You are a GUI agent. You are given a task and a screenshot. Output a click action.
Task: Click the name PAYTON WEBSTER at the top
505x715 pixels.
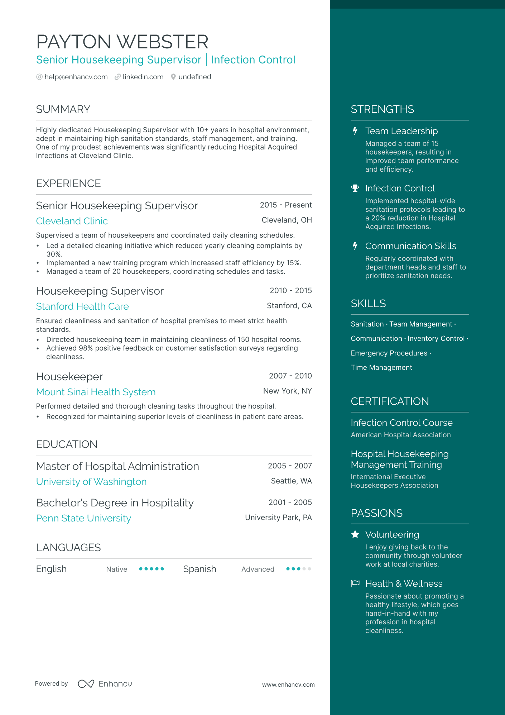coord(122,42)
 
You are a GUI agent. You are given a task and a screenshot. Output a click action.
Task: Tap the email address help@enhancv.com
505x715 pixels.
coord(76,77)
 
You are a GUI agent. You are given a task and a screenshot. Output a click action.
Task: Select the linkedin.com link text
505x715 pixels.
coord(143,77)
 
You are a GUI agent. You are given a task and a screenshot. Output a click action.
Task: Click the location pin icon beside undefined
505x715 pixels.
coord(173,77)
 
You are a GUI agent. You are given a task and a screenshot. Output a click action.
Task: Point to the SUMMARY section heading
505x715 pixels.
coord(63,109)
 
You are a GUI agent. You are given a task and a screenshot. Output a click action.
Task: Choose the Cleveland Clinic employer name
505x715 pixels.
coord(72,221)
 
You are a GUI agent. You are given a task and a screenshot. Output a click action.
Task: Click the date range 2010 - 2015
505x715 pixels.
coord(290,291)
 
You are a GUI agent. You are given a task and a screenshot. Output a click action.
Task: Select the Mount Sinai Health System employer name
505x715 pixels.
coord(96,392)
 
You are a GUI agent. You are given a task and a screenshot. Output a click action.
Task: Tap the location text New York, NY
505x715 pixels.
coord(287,391)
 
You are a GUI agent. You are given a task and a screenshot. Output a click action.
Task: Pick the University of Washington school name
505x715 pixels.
coord(91,482)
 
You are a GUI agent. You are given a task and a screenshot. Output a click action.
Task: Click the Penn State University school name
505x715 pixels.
coord(83,518)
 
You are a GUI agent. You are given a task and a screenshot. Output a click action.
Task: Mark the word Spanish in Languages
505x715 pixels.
coord(199,569)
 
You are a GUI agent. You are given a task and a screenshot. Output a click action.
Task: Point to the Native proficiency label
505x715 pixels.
coord(116,569)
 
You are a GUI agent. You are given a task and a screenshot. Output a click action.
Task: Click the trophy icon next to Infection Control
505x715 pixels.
coord(355,189)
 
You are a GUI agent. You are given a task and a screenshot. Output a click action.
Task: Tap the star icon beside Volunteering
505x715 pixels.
coord(355,535)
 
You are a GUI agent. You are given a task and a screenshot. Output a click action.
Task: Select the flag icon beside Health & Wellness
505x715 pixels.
coord(355,583)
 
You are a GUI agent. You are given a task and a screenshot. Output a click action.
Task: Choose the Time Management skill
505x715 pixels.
coord(381,368)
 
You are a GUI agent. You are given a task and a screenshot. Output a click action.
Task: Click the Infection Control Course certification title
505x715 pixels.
coord(401,423)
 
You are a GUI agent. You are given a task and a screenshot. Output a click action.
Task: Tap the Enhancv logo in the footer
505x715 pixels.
coord(105,684)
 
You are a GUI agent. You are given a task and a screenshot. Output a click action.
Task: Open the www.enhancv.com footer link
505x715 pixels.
coord(288,685)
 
